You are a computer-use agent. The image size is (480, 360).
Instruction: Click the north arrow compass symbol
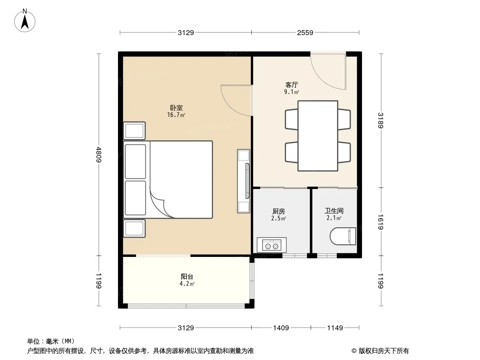point(25,21)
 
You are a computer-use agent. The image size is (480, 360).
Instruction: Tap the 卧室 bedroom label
point(177,108)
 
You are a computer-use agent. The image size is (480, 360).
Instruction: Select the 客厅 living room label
point(291,85)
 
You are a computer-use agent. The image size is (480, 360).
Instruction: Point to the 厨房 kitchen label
point(279,211)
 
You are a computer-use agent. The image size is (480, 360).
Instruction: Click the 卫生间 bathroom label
point(334,211)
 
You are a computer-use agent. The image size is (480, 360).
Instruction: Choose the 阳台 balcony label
point(187,276)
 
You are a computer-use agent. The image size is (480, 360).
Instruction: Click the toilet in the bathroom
point(343,236)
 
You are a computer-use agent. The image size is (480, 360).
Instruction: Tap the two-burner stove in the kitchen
point(272,245)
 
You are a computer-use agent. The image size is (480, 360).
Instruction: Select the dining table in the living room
point(318,136)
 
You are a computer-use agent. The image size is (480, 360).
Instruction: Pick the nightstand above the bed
point(134,131)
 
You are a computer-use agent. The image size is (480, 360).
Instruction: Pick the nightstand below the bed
point(134,229)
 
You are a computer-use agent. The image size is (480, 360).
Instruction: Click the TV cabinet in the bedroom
point(244,181)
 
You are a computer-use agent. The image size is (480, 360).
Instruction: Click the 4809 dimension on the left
point(99,154)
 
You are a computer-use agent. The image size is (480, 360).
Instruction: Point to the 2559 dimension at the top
point(305,32)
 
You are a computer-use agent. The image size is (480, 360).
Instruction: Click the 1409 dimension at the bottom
point(281,328)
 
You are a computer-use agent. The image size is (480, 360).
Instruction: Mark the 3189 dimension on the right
point(380,121)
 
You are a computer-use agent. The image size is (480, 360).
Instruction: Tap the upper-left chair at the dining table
point(291,119)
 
